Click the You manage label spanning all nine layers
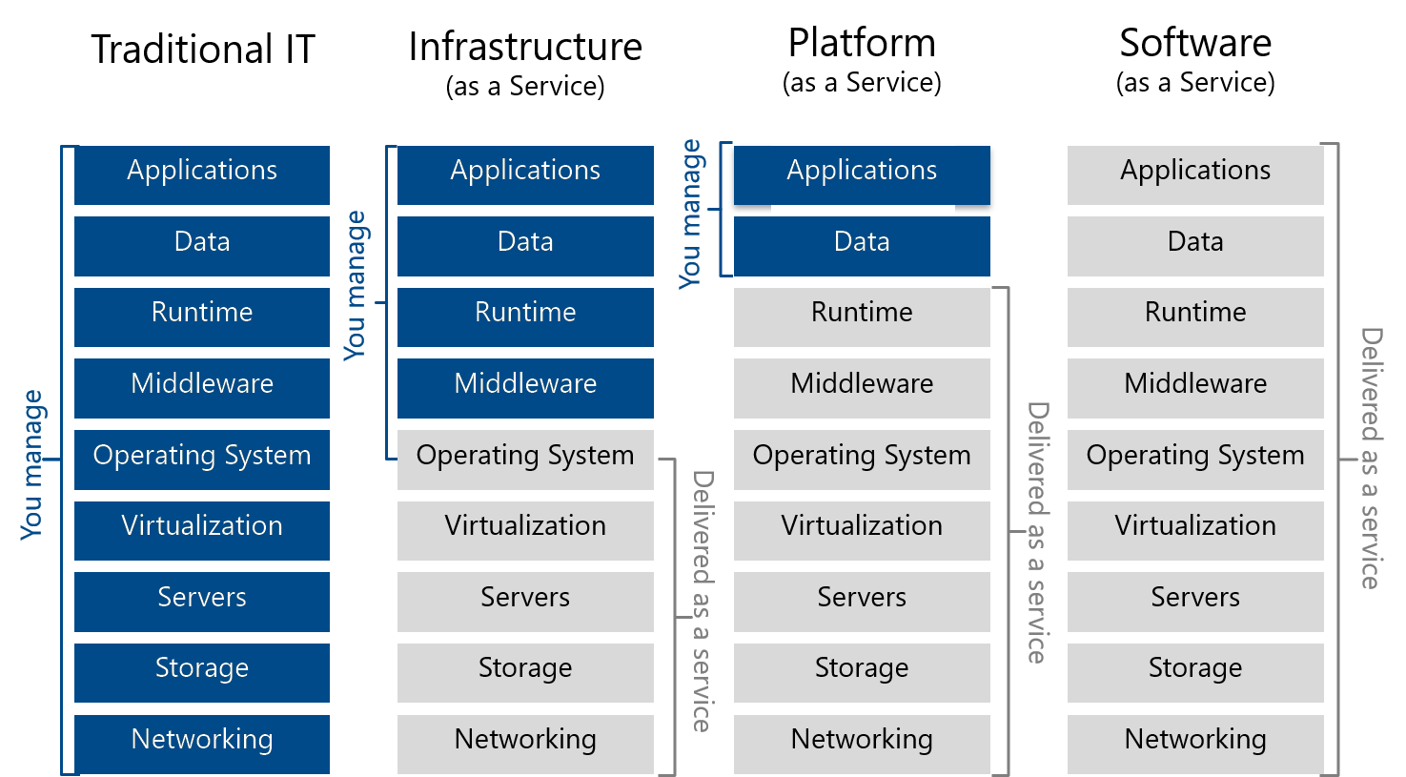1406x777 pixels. coord(32,464)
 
